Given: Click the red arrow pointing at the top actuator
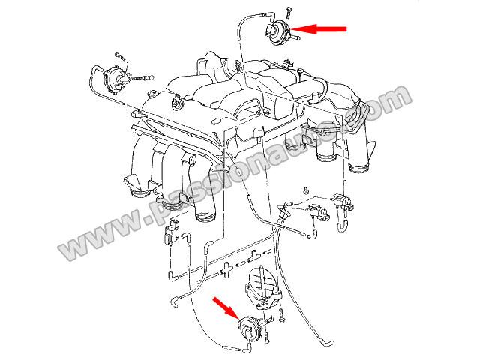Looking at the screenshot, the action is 318,29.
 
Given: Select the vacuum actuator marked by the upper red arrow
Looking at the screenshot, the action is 278,32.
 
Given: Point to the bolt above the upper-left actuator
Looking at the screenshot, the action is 120,57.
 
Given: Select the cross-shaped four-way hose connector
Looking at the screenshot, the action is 226,269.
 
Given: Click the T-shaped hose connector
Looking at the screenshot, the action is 253,256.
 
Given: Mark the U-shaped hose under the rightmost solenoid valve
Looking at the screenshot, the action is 342,226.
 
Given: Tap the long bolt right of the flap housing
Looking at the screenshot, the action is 281,316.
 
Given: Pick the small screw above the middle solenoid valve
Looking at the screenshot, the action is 305,190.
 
